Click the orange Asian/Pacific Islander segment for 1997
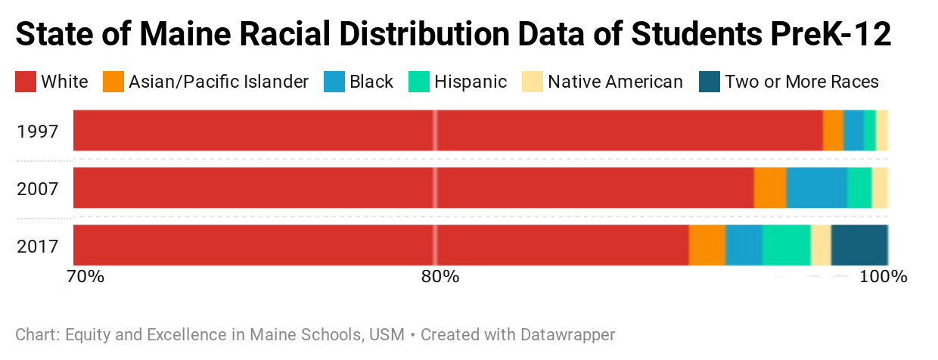pos(833,130)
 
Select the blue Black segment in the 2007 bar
pos(816,188)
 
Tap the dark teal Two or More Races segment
pos(859,245)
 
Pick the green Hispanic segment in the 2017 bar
pos(786,245)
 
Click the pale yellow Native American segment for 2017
pos(821,245)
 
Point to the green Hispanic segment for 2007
pos(859,188)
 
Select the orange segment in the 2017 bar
pos(707,245)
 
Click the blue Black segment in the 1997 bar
pos(853,130)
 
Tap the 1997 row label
pos(38,131)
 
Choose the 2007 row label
pos(38,188)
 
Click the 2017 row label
pos(38,246)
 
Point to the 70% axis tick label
pos(85,276)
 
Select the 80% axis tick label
pos(440,276)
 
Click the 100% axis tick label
pos(883,276)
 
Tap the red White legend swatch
pos(25,82)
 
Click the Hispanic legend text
pos(471,82)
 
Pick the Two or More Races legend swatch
pos(710,82)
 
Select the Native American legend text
pos(615,82)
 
